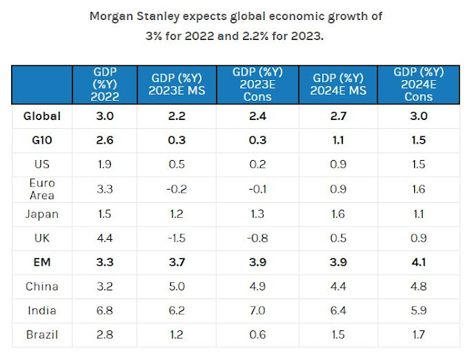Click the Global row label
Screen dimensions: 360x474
click(x=41, y=116)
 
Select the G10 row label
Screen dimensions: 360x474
click(x=41, y=139)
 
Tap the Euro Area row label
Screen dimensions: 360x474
click(x=41, y=188)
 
